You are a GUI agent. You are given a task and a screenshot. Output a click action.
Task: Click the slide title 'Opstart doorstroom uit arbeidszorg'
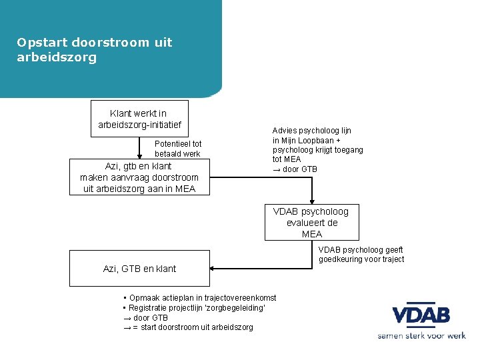click(94, 50)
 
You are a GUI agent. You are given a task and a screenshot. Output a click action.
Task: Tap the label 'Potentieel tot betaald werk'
click(177, 149)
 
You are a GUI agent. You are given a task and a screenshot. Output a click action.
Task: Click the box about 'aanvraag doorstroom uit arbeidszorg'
click(139, 177)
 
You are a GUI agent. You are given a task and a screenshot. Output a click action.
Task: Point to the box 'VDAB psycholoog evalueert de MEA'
click(311, 222)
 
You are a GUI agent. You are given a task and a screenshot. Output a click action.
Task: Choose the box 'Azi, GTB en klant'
click(139, 269)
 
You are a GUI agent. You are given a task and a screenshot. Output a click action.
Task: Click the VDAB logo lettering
click(421, 315)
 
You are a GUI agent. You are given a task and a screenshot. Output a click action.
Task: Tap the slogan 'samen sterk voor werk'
click(421, 336)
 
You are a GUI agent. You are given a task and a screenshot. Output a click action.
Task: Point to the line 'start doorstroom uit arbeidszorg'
click(193, 327)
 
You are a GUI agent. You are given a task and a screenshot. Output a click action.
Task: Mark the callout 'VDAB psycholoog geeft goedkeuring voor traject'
click(361, 254)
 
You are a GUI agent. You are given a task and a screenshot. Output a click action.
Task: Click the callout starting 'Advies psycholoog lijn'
click(317, 150)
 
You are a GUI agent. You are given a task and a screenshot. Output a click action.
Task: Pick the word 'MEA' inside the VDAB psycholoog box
click(311, 234)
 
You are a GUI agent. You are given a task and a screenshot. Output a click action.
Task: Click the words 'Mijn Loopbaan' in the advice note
click(307, 141)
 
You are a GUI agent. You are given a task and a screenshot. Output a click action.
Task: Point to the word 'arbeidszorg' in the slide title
click(57, 57)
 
